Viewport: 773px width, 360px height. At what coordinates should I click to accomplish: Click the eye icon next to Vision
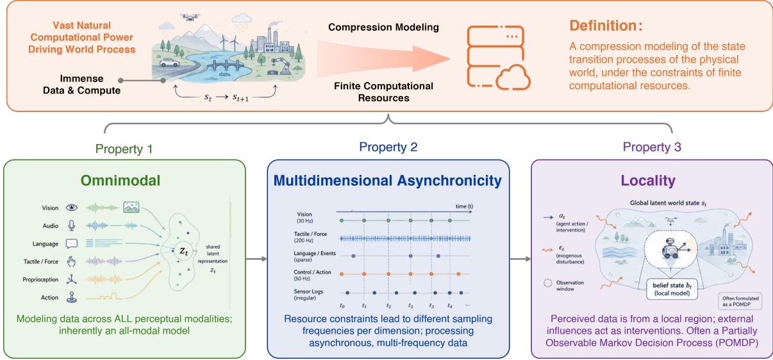click(x=71, y=208)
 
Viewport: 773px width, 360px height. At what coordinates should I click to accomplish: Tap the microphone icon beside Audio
click(x=71, y=225)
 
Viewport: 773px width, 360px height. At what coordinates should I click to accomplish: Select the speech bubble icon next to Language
click(x=71, y=244)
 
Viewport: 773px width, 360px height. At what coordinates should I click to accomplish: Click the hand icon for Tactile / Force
click(x=71, y=261)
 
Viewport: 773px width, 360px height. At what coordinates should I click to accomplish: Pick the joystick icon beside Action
click(x=71, y=297)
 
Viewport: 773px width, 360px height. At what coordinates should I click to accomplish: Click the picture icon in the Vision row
click(x=131, y=207)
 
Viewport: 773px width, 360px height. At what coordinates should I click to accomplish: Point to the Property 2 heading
click(x=388, y=147)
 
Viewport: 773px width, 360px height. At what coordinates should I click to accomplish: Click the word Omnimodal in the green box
click(x=121, y=181)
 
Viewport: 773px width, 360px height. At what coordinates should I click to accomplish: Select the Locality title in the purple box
click(x=648, y=181)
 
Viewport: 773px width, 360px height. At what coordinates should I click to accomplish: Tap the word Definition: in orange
click(x=606, y=26)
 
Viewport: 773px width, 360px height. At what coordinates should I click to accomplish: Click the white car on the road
click(x=169, y=63)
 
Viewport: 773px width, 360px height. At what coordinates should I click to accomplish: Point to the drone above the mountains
click(x=190, y=17)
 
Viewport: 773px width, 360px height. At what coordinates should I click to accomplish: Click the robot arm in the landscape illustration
click(x=281, y=65)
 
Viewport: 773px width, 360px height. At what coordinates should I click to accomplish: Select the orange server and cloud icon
click(x=498, y=58)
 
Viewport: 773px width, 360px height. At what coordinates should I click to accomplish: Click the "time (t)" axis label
click(x=464, y=206)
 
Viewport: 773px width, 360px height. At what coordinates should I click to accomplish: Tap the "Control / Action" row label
click(x=312, y=272)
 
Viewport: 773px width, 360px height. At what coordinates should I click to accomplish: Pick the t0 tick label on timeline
click(x=342, y=306)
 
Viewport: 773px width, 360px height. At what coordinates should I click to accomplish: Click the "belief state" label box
click(x=672, y=289)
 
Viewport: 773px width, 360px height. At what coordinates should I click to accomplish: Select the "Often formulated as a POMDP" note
click(x=740, y=301)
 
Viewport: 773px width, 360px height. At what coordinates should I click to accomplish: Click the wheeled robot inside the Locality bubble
click(x=670, y=249)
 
